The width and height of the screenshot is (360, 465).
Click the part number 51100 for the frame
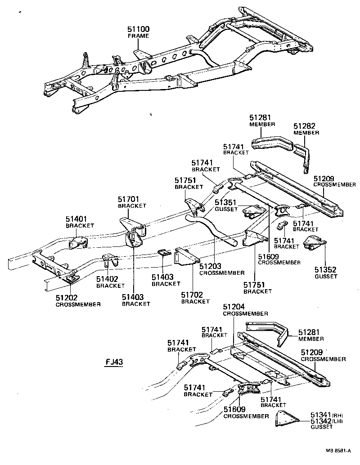(138, 29)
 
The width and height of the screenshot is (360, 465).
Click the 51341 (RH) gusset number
(321, 414)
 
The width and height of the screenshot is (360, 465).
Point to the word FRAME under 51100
(138, 36)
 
